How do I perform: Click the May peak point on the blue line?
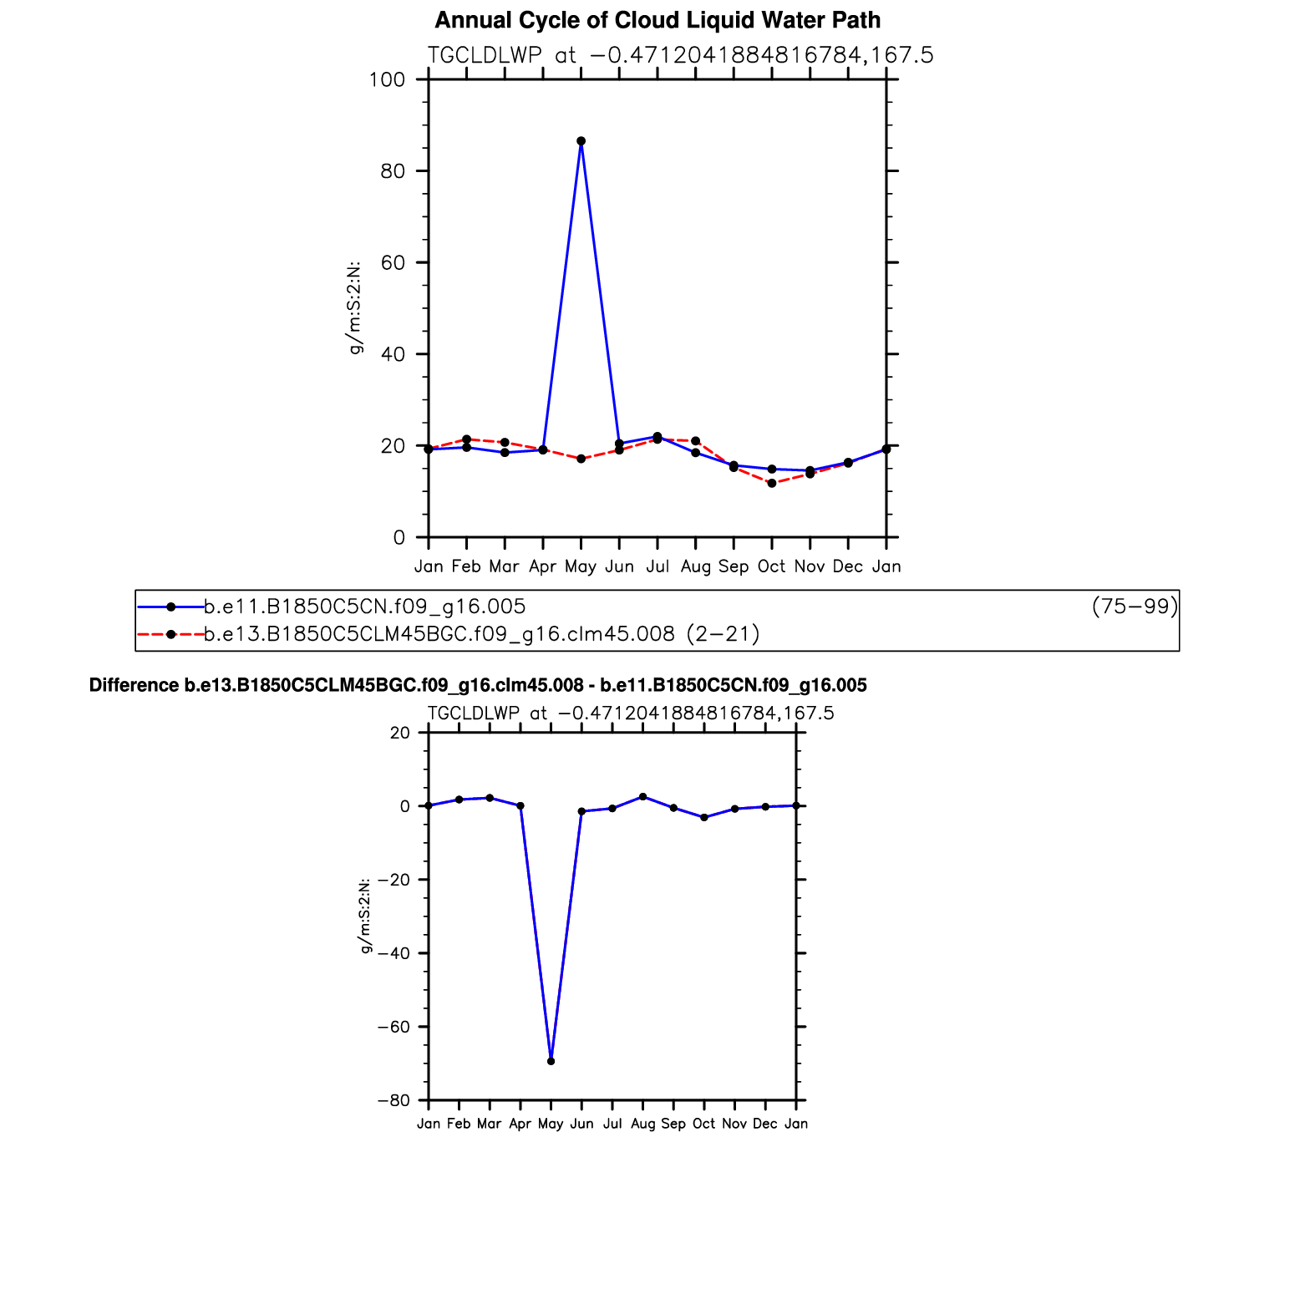pos(581,141)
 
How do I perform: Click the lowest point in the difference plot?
pos(551,1061)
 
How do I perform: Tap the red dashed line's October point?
pos(772,483)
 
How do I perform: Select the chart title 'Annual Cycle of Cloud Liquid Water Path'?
pos(657,20)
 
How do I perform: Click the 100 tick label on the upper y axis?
pos(387,80)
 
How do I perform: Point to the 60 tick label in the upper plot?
pos(392,263)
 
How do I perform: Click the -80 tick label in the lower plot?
pos(393,1100)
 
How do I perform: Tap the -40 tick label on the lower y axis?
pos(393,953)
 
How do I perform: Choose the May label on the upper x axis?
pos(581,566)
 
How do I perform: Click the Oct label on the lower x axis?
pos(703,1124)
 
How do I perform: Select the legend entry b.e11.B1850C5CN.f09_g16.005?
pos(365,607)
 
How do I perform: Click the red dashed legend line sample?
pos(170,634)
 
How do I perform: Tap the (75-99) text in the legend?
pos(1135,607)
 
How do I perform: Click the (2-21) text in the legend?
pos(723,634)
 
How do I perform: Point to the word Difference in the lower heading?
pos(134,686)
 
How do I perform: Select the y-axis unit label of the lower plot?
pos(365,916)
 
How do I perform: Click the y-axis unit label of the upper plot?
pos(355,308)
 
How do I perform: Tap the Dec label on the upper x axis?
pos(848,566)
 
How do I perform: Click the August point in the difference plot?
pos(642,797)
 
